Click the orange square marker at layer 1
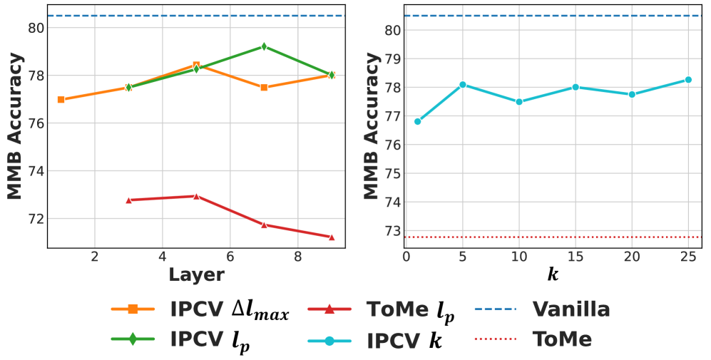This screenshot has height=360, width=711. [61, 100]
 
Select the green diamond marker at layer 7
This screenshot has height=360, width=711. [264, 46]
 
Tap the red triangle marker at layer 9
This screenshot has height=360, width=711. [332, 237]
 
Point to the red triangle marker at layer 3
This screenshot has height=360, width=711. [128, 200]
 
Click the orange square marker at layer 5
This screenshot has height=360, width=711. [196, 65]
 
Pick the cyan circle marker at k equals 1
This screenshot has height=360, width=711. [417, 121]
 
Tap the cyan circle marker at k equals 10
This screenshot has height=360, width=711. [519, 102]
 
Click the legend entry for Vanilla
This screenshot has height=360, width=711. [571, 309]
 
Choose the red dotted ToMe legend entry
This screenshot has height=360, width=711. [563, 339]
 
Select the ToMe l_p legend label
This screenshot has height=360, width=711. [410, 311]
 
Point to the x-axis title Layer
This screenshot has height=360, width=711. [196, 274]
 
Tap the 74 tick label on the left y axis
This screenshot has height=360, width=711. [33, 171]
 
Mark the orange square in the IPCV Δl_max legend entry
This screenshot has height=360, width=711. [133, 310]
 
